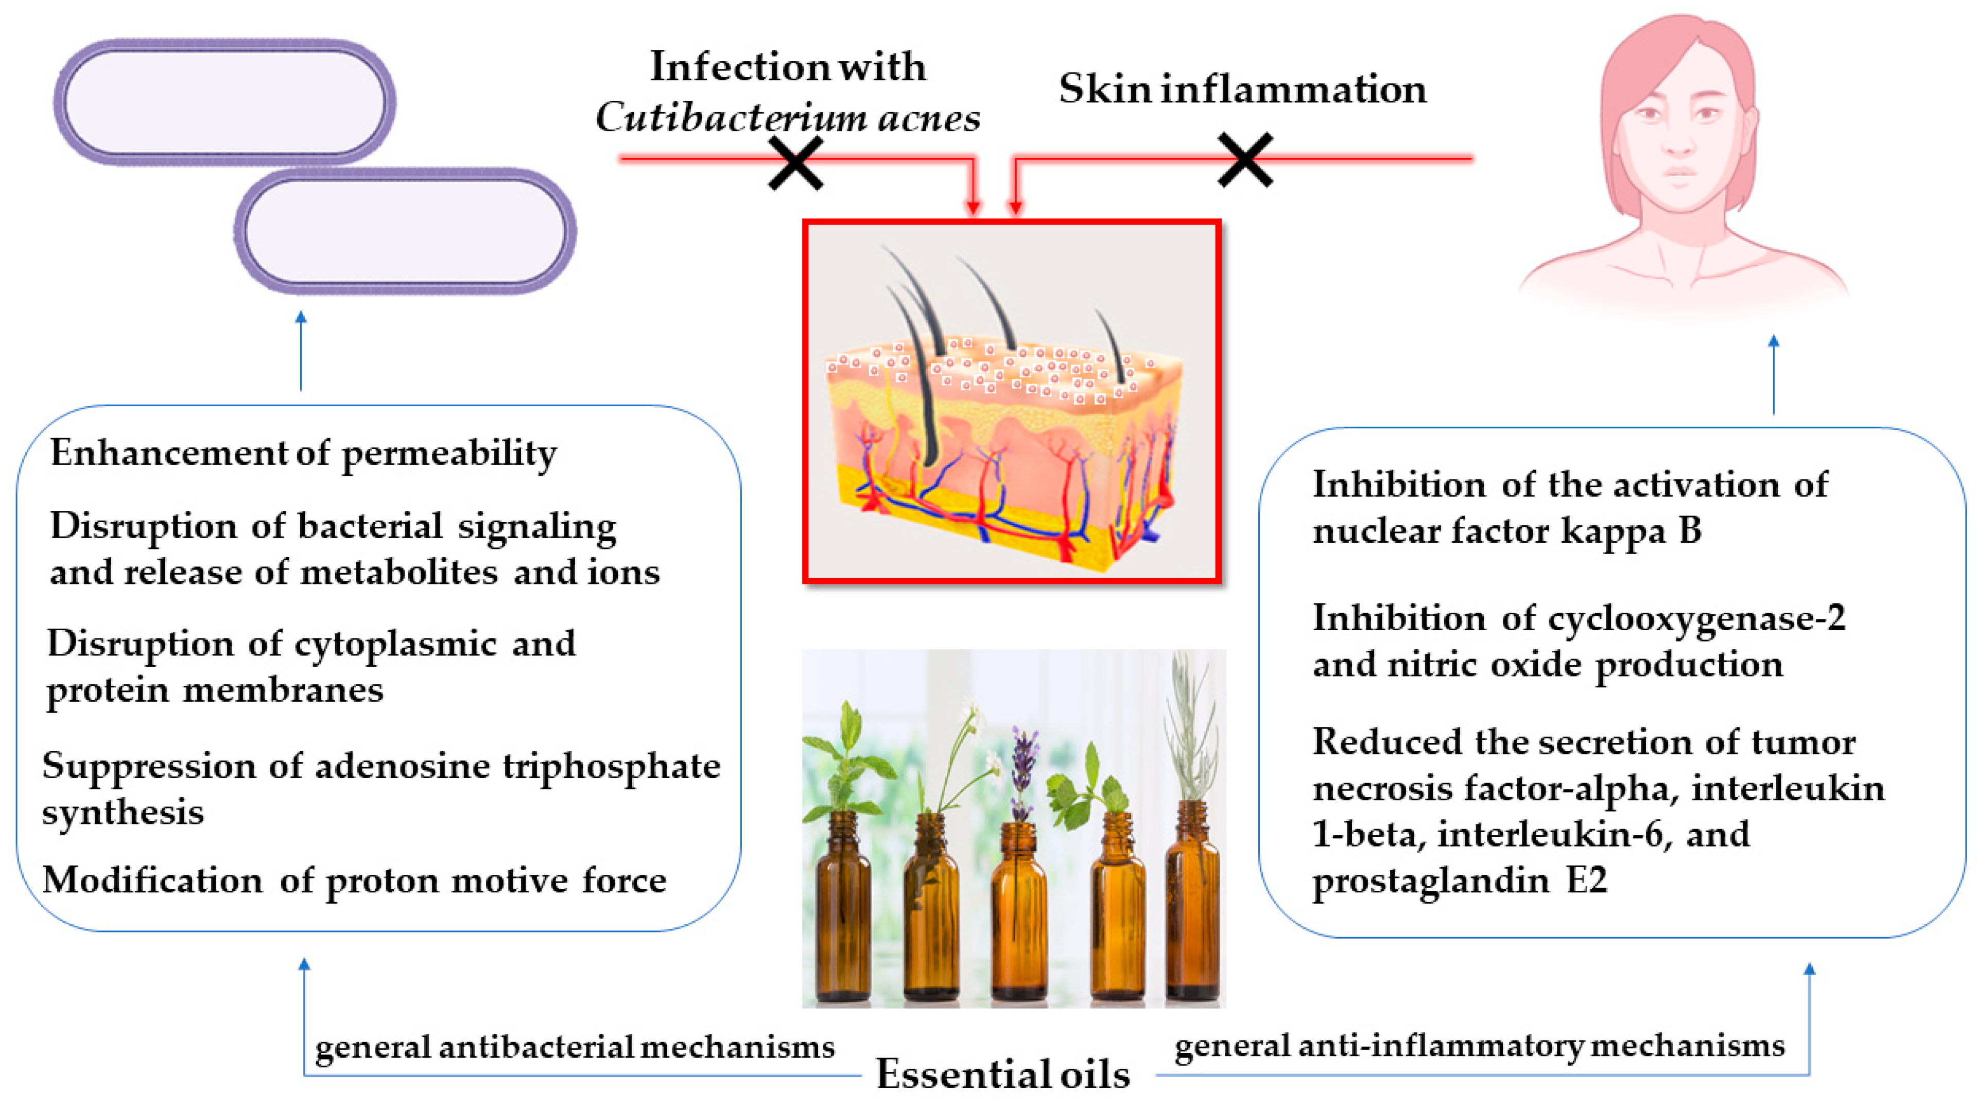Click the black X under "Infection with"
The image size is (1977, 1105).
796,163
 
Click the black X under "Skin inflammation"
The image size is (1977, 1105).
1245,160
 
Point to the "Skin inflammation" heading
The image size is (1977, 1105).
1242,89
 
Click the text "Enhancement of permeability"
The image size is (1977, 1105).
303,453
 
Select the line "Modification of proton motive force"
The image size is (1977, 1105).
354,880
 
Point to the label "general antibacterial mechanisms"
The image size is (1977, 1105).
575,1047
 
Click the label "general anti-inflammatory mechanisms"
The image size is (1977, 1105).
1480,1045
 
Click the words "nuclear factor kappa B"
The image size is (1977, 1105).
1506,530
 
